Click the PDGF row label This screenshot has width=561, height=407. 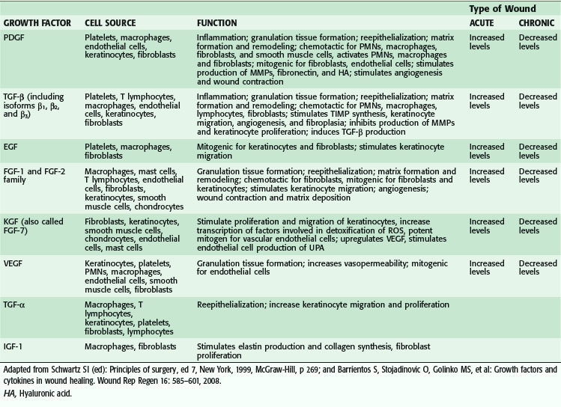[14, 36]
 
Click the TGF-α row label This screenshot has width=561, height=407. [16, 304]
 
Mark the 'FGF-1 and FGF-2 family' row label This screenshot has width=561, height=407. [43, 171]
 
